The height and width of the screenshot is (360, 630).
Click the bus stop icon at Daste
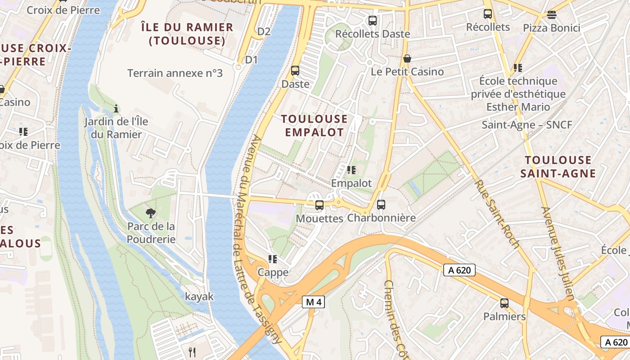(x=295, y=71)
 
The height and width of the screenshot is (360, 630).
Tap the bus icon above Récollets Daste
(x=372, y=20)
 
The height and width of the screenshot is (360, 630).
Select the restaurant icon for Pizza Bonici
(x=552, y=14)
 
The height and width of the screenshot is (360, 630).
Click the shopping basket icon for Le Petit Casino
(x=407, y=58)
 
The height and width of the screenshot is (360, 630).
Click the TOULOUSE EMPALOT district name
(x=314, y=126)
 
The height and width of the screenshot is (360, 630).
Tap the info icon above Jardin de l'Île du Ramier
(x=116, y=108)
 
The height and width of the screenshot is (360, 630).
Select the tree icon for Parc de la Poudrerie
(x=151, y=212)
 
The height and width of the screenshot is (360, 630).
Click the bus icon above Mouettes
(x=319, y=205)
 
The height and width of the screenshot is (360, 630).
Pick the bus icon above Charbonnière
(x=381, y=204)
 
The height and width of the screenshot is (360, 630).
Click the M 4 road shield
(x=313, y=302)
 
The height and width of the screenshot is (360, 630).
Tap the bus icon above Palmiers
(x=504, y=303)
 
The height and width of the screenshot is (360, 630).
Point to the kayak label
(x=199, y=297)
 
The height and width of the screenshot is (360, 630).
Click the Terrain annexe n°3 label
(x=175, y=73)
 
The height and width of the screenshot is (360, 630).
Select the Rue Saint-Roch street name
(x=497, y=214)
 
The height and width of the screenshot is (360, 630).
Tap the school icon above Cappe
(x=272, y=259)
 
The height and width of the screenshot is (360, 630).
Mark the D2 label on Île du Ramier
(x=264, y=31)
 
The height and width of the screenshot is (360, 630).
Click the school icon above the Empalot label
(x=351, y=170)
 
